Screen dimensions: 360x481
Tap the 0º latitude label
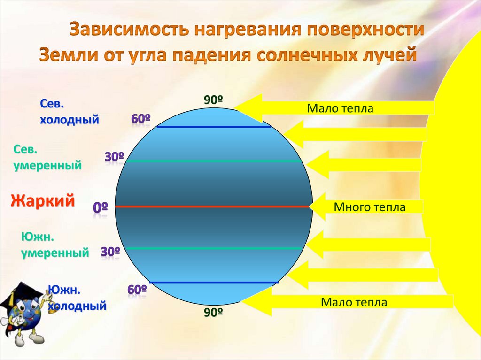pyautogui.click(x=101, y=207)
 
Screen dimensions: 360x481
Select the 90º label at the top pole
pyautogui.click(x=213, y=100)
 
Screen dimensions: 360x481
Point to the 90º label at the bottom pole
pyautogui.click(x=213, y=312)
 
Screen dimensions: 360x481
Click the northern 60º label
pyautogui.click(x=140, y=119)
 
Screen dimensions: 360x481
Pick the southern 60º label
pyautogui.click(x=137, y=290)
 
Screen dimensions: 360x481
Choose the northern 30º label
pyautogui.click(x=114, y=157)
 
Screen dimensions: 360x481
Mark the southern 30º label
pyautogui.click(x=110, y=252)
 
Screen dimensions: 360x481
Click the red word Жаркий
pyautogui.click(x=43, y=201)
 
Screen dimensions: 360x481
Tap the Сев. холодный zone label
pyautogui.click(x=69, y=112)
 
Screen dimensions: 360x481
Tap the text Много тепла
pyautogui.click(x=369, y=207)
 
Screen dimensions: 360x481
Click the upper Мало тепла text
pyautogui.click(x=340, y=109)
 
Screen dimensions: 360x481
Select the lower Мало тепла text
pyautogui.click(x=354, y=302)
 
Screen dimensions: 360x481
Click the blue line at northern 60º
pyautogui.click(x=214, y=127)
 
